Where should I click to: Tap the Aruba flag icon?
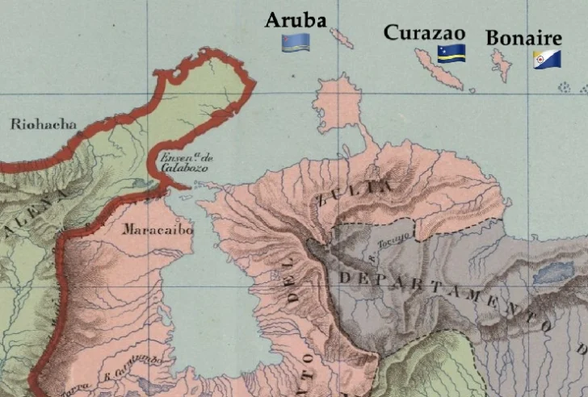pyautogui.click(x=292, y=42)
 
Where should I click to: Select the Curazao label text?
pyautogui.click(x=424, y=32)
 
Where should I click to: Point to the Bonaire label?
pyautogui.click(x=523, y=39)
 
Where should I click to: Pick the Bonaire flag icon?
pyautogui.click(x=547, y=61)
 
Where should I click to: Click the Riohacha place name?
pyautogui.click(x=44, y=124)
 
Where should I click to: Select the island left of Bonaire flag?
pyautogui.click(x=502, y=65)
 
